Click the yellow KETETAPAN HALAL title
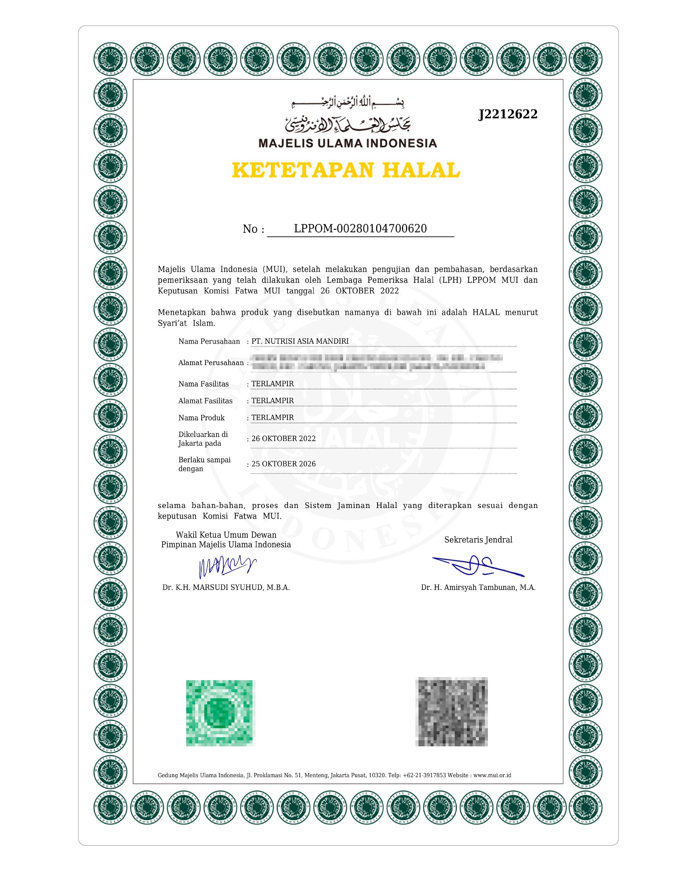[346, 170]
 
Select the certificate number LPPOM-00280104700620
[360, 229]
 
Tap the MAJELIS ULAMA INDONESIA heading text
[348, 143]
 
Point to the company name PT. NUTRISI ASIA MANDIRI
[300, 341]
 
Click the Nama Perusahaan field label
[209, 341]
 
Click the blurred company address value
[376, 362]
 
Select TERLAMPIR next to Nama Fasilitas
[272, 383]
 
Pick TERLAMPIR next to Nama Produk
[272, 417]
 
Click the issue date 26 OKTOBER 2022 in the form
[283, 438]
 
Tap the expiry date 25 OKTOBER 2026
[283, 464]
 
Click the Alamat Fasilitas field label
[205, 401]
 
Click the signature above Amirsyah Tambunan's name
[478, 565]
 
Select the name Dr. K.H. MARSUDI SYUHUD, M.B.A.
[226, 587]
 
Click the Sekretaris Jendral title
[478, 540]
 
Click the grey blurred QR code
[451, 712]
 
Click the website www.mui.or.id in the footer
[492, 775]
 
